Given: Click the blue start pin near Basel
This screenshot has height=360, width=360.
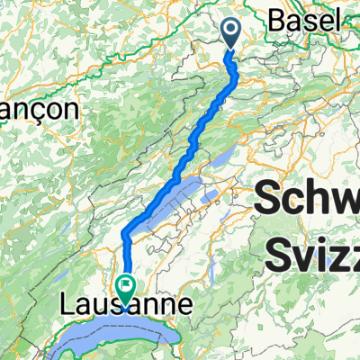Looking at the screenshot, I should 230,34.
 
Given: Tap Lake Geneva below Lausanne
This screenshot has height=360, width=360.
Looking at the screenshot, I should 135,342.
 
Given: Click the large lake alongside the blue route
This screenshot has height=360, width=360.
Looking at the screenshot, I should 171,200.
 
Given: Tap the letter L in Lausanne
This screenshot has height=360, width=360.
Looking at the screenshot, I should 67,307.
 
